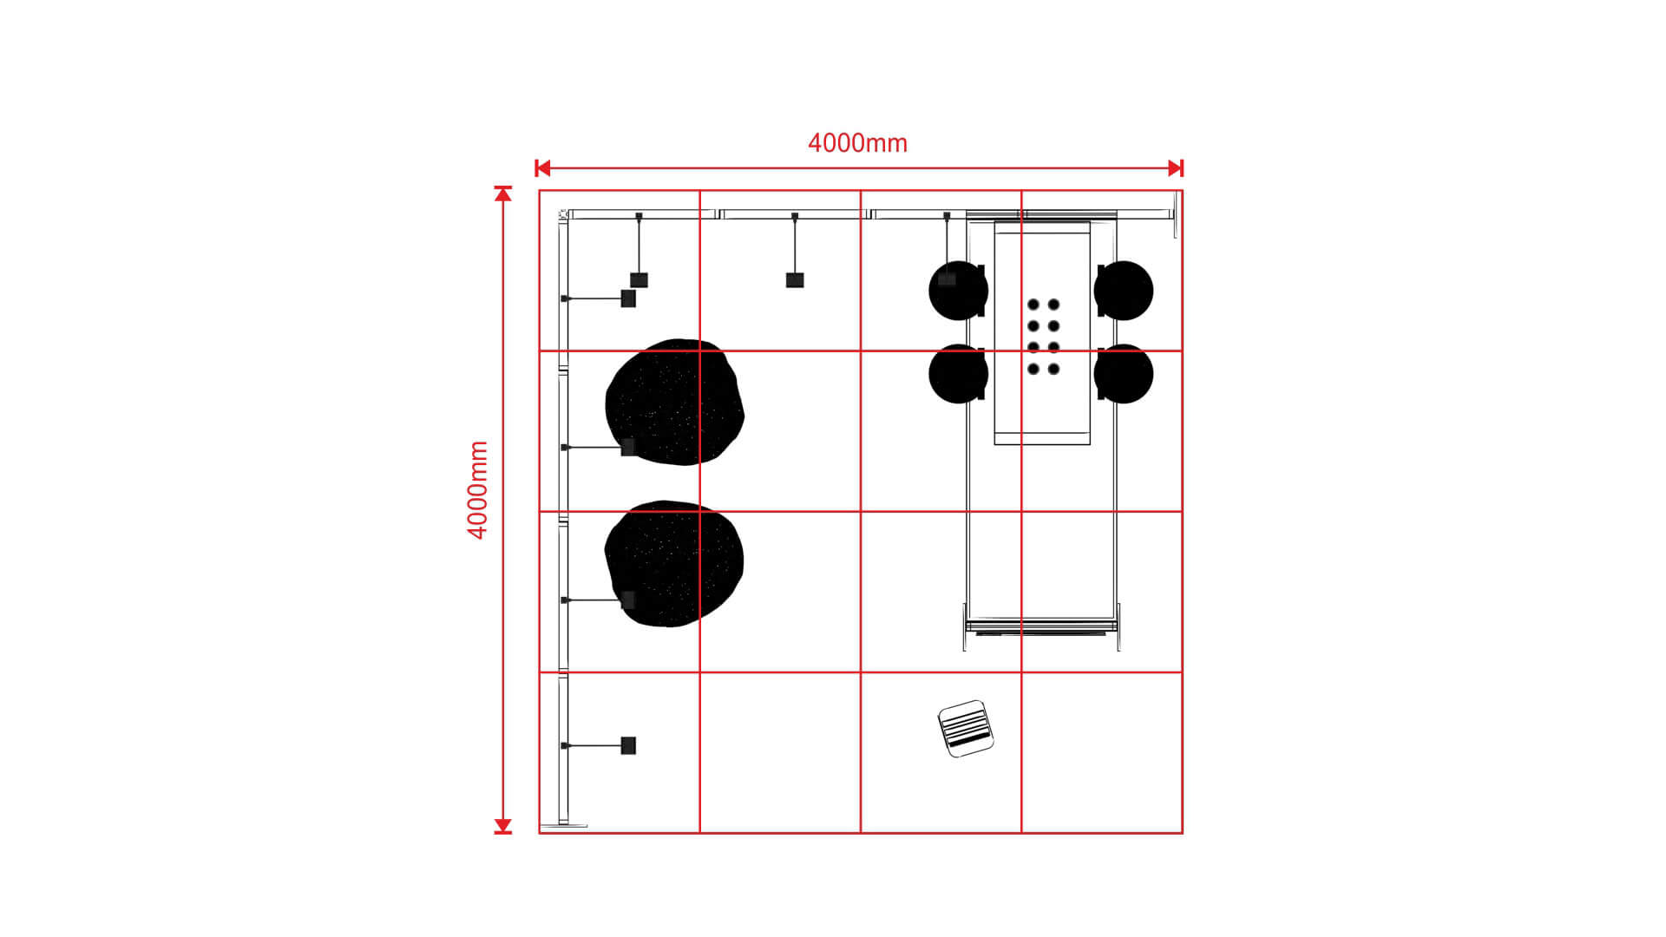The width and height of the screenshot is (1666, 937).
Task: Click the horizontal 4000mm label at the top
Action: point(857,143)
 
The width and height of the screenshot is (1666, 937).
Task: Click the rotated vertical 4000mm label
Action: point(478,490)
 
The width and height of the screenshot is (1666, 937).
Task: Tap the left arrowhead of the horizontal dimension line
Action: point(543,168)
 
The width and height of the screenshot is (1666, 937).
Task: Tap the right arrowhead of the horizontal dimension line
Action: point(1176,168)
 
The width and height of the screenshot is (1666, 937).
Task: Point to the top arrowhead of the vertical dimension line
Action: point(503,193)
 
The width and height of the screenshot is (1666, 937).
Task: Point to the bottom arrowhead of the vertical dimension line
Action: point(503,826)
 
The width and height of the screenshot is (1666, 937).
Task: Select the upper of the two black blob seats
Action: point(674,402)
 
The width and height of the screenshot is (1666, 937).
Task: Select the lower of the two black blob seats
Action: point(673,563)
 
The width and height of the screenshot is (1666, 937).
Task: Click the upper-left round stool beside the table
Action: point(958,291)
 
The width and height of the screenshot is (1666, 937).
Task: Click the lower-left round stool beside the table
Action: point(958,374)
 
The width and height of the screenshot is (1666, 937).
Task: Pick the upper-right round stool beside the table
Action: point(1125,291)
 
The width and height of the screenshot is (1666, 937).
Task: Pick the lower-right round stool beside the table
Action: point(1125,374)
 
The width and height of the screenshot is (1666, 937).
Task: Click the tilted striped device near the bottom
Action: point(966,729)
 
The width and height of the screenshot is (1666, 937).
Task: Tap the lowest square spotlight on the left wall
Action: point(628,745)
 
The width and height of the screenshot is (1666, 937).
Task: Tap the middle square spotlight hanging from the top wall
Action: point(795,280)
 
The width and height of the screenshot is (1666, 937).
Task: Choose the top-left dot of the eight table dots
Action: point(1033,305)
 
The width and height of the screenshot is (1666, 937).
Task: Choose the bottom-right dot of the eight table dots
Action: point(1053,370)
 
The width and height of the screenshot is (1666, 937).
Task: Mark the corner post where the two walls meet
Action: point(563,214)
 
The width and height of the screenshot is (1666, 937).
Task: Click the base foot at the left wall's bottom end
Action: point(563,825)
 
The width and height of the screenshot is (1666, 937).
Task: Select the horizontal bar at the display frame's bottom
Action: point(1040,625)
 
